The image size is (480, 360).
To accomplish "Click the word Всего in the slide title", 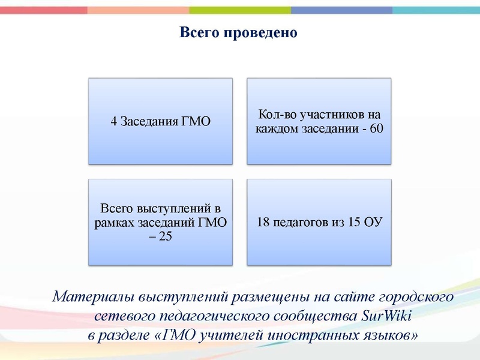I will [200, 32].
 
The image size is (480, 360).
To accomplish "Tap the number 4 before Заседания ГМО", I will [114, 122].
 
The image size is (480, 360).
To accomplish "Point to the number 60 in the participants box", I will [376, 128].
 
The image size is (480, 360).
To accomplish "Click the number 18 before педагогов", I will [263, 222].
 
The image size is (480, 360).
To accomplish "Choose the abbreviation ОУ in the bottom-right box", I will [373, 222].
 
